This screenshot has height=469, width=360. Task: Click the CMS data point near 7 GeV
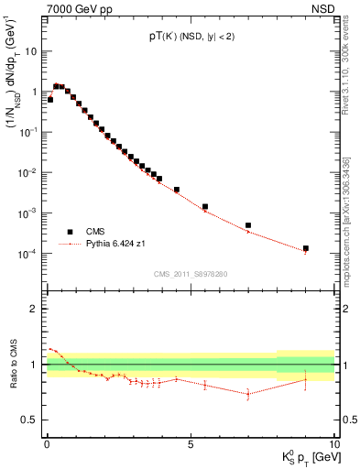[248, 225]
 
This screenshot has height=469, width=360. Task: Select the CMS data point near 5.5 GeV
[205, 207]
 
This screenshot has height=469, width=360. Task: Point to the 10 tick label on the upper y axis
[30, 51]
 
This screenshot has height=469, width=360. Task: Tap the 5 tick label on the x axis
[191, 443]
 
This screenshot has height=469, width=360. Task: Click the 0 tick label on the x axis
[47, 443]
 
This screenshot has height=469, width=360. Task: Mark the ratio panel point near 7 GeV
[248, 394]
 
